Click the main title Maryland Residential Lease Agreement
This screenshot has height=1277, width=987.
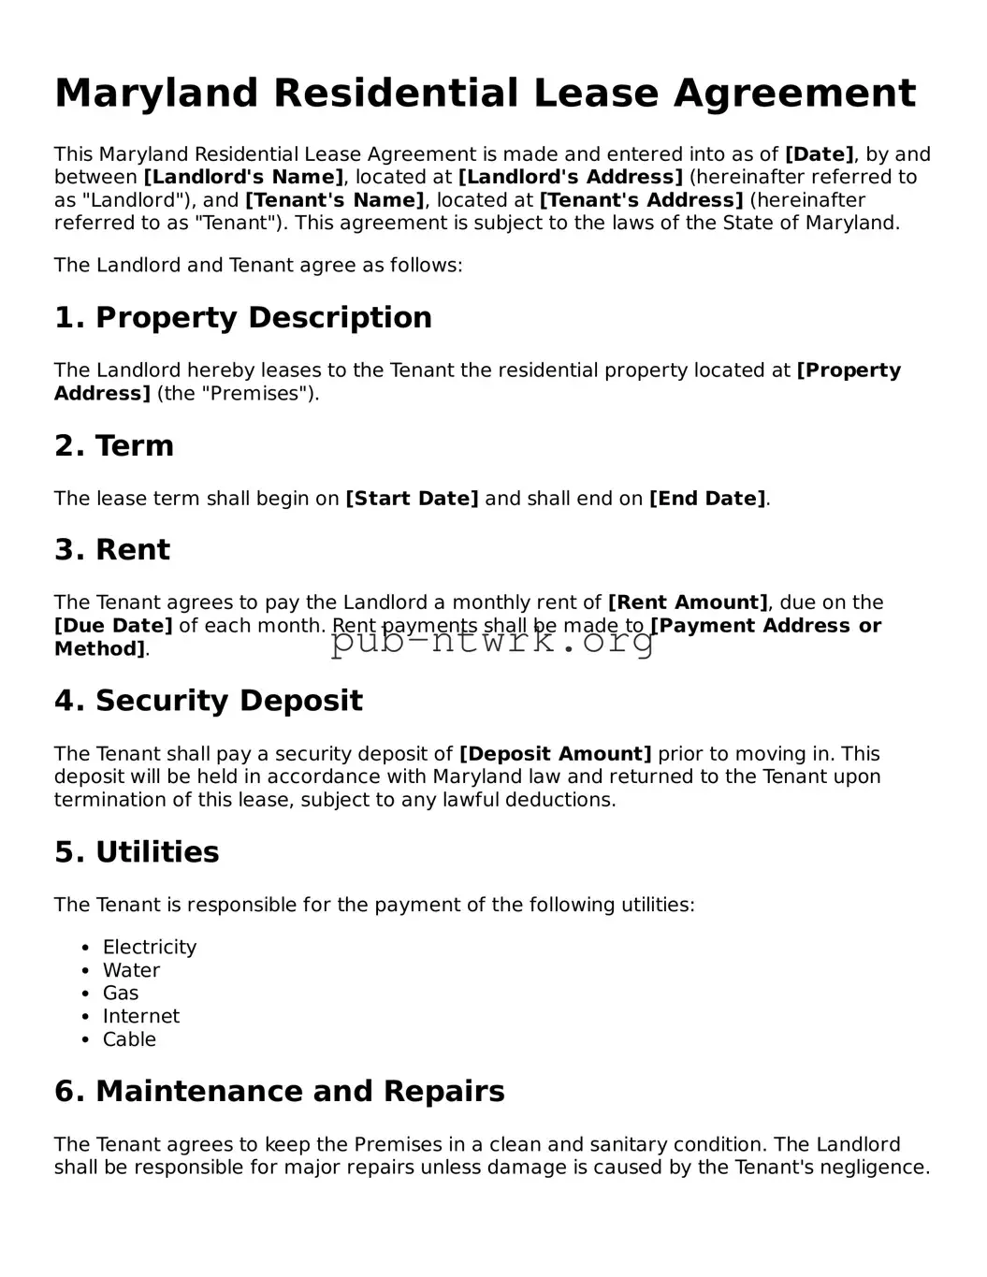click(x=485, y=94)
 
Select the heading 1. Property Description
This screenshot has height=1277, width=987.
click(x=243, y=317)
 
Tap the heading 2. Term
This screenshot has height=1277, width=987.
click(x=114, y=445)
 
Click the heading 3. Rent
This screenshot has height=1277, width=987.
click(x=112, y=549)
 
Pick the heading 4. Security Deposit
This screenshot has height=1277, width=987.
click(x=209, y=701)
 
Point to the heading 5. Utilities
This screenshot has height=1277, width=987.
click(x=137, y=852)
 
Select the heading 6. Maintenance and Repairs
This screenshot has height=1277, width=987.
click(x=280, y=1091)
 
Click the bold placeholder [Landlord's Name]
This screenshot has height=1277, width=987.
click(x=243, y=178)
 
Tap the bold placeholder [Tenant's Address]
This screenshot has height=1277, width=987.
click(x=642, y=200)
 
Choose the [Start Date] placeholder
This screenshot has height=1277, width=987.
click(x=412, y=499)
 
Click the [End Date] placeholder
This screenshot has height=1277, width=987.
click(x=707, y=499)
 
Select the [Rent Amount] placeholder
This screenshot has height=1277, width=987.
click(x=688, y=602)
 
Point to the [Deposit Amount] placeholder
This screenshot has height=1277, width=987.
click(x=555, y=754)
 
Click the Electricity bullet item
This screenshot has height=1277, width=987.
click(x=150, y=947)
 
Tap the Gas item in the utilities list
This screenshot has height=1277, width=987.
click(x=121, y=993)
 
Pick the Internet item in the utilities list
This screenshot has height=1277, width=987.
click(x=140, y=1016)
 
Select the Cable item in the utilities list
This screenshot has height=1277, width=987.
click(x=129, y=1039)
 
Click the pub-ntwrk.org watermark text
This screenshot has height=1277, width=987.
click(x=493, y=642)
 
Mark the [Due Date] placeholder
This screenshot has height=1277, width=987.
click(x=113, y=626)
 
